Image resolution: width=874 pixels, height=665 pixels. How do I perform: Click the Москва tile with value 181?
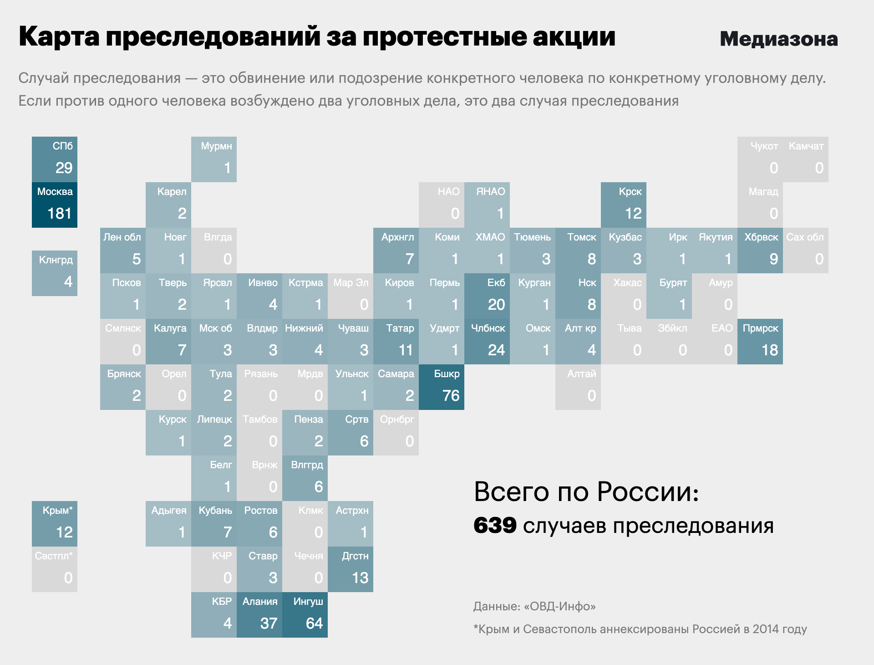55,205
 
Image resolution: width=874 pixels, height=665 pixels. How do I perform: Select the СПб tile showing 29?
55,159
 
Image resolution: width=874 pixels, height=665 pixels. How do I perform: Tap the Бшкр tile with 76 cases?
442,387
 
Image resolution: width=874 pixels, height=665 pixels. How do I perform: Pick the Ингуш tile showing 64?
305,614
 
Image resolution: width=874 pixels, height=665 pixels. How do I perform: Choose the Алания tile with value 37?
259,614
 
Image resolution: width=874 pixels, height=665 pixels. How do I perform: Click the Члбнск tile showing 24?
487,341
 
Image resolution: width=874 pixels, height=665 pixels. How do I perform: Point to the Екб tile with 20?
487,296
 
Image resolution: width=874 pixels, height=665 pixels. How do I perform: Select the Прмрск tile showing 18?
760,341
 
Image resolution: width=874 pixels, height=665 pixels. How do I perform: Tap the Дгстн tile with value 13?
351,569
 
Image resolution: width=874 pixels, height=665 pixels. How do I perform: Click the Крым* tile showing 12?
55,523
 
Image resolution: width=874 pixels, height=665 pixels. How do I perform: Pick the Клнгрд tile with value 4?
55,273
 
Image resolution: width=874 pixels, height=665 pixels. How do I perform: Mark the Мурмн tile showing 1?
214,159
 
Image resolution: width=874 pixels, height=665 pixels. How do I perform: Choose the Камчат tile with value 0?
806,159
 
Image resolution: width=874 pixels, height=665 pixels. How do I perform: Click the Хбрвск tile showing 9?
760,250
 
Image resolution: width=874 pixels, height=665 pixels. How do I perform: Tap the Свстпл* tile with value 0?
55,569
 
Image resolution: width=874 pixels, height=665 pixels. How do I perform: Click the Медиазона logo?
778,39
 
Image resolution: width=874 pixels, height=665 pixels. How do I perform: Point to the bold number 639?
495,526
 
